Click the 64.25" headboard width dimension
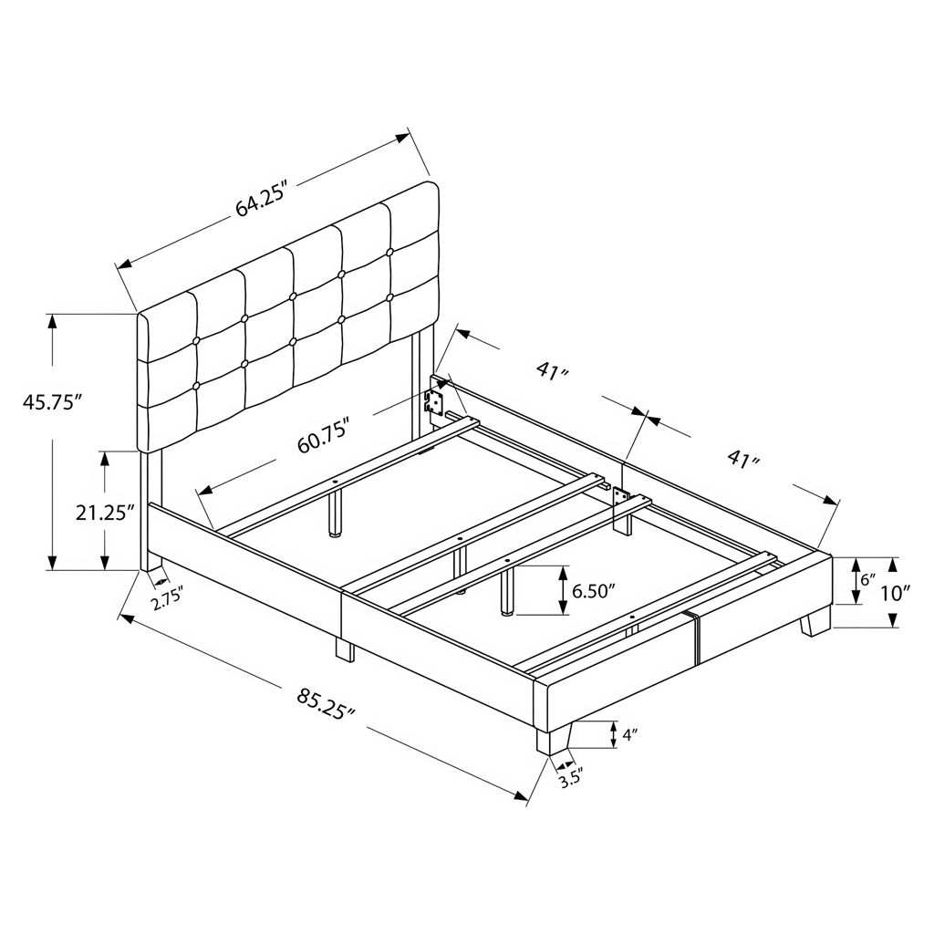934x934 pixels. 262,200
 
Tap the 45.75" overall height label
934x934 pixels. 51,402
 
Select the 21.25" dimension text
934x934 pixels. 104,513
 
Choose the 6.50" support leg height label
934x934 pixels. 593,591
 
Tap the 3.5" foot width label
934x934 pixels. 569,780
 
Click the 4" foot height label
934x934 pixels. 629,735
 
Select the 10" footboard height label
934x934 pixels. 896,593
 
